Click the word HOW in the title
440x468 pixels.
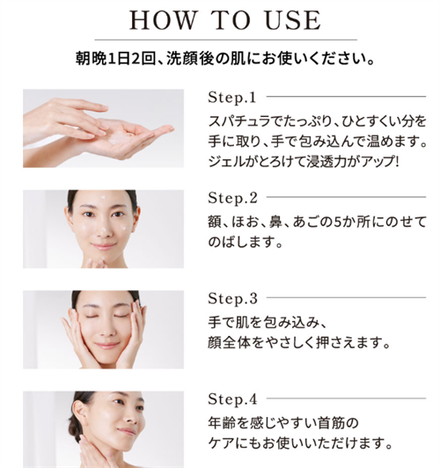(x=163, y=20)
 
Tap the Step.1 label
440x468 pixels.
(x=232, y=98)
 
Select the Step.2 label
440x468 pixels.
(x=232, y=199)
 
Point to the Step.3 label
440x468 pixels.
(x=232, y=299)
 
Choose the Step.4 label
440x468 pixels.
(x=232, y=399)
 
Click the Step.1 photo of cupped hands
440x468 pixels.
(x=103, y=128)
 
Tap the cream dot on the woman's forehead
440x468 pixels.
(x=104, y=197)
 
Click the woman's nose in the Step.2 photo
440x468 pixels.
(x=104, y=229)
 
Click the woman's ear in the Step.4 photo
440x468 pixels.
(x=77, y=411)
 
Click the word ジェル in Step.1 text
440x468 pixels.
(x=224, y=162)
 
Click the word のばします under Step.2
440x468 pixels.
(x=241, y=242)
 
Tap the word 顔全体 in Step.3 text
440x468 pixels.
(x=229, y=343)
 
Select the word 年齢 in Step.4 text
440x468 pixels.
(x=222, y=423)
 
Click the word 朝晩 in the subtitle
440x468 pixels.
(x=91, y=58)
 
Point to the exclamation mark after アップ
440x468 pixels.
(x=396, y=162)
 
